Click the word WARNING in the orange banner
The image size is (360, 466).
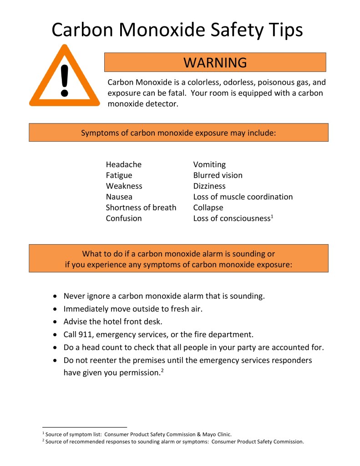coord(215,62)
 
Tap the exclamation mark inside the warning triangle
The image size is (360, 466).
coord(64,80)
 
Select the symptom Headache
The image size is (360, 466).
coord(124,164)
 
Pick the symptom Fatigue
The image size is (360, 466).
coord(119,175)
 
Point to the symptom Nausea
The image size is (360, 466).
coord(119,197)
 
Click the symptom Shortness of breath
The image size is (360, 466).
coord(141,208)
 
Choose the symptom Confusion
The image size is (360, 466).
coord(124,219)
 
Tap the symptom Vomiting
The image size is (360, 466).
coord(209,164)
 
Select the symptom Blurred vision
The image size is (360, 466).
coord(218,175)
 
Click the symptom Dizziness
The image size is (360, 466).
coord(209,186)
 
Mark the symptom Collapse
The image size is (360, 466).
coord(208,208)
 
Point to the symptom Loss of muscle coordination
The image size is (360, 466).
coord(243,197)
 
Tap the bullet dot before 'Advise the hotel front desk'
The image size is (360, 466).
coord(55,322)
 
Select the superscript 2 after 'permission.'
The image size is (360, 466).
coord(162,370)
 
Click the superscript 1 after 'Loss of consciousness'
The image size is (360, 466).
coord(272,216)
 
